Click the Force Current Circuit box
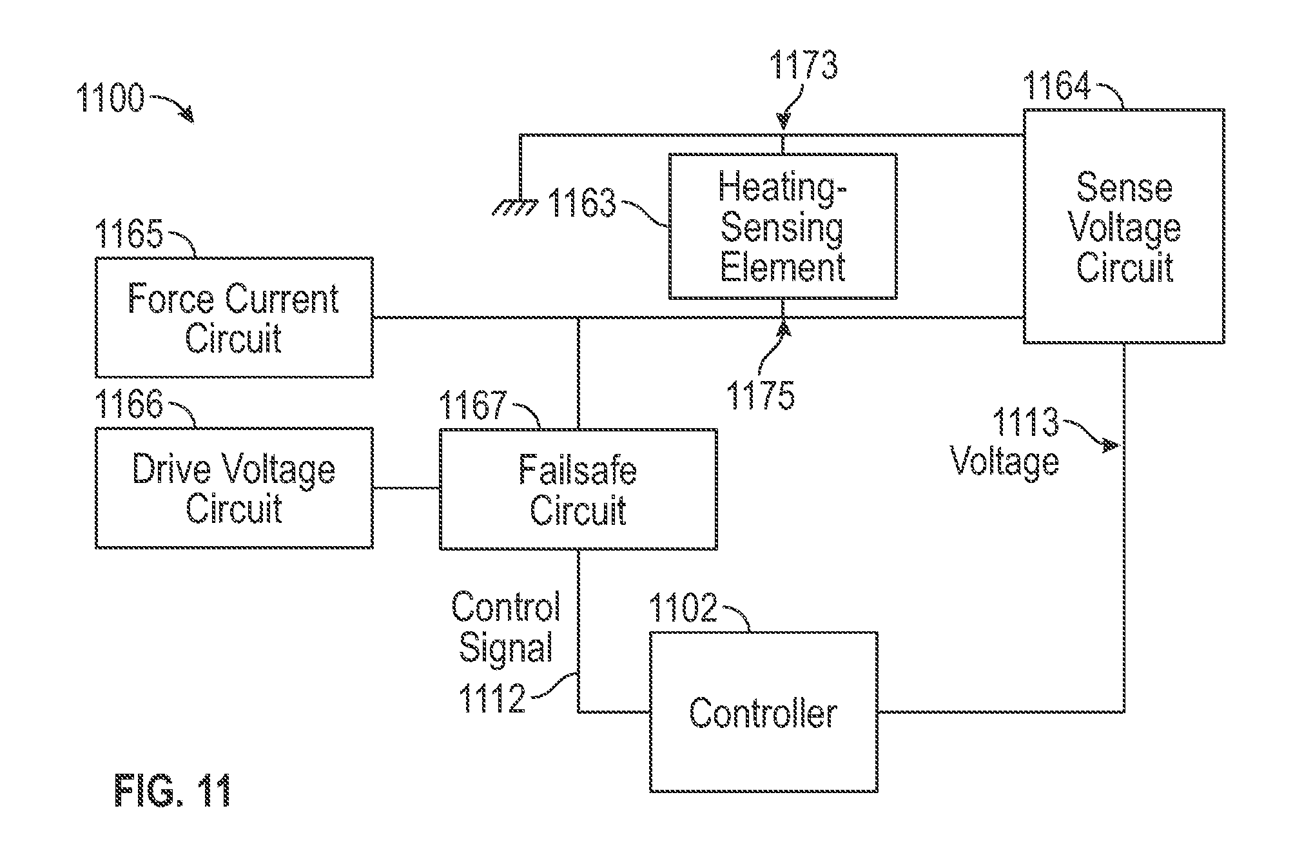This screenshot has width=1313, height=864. tap(234, 317)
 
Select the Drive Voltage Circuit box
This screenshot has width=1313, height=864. tap(234, 488)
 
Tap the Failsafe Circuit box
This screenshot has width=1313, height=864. tap(578, 489)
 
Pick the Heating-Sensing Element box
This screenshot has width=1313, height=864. tap(783, 226)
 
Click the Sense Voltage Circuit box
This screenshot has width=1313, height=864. tap(1123, 226)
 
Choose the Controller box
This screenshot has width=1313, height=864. tap(763, 712)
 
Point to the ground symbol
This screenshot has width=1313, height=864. tap(515, 206)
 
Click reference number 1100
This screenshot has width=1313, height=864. tap(110, 99)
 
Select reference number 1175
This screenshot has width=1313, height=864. tap(761, 395)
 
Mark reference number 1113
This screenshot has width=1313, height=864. tap(1025, 422)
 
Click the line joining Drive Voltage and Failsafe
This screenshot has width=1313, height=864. tap(407, 488)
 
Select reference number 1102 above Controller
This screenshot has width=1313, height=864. tap(683, 607)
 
